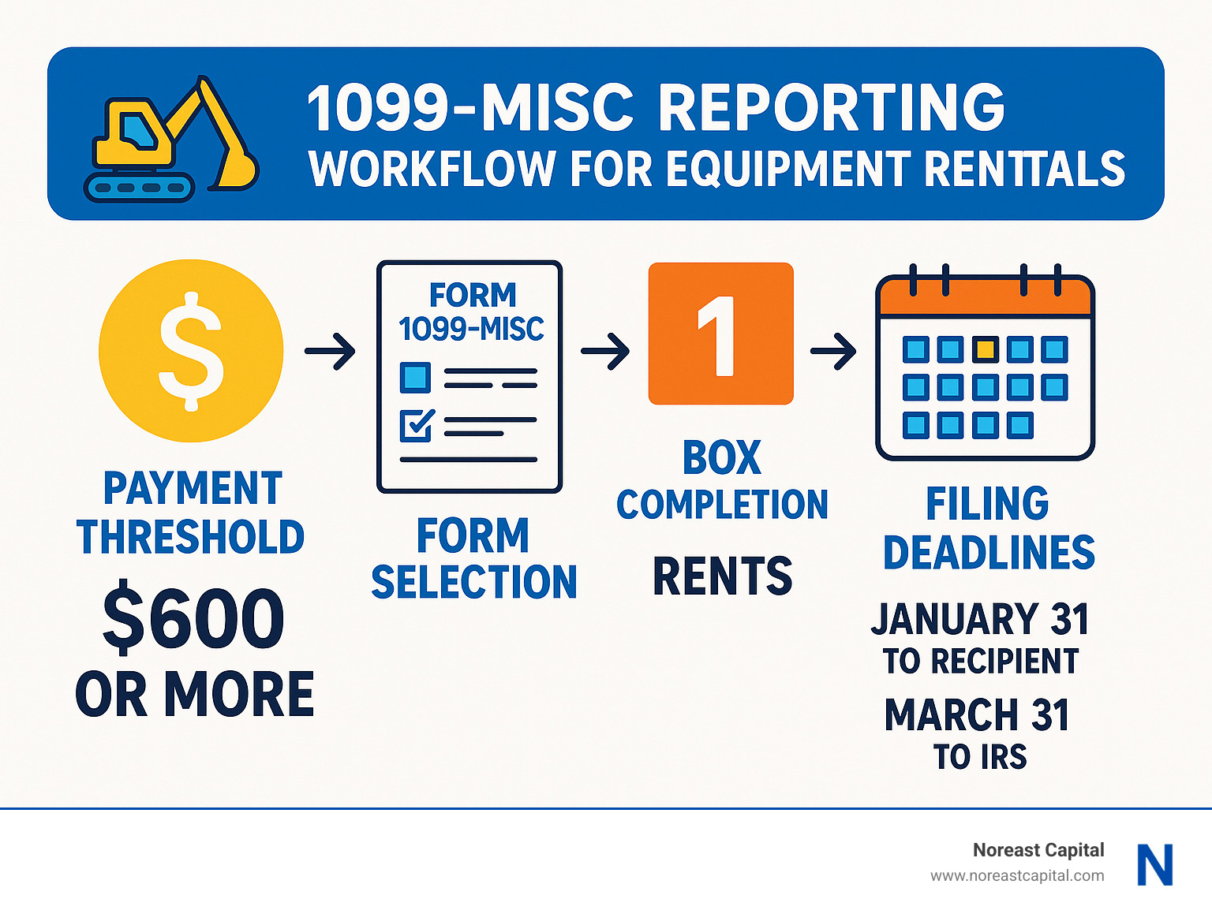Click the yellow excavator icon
click(170, 139)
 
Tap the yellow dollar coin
click(191, 351)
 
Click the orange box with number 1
click(720, 334)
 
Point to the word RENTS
click(722, 576)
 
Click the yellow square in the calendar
click(985, 349)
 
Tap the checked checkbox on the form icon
click(416, 425)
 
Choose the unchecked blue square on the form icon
click(415, 378)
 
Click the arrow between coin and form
click(330, 351)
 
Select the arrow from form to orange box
click(605, 351)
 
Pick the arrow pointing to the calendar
click(833, 351)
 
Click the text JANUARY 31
click(980, 619)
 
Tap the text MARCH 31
click(977, 715)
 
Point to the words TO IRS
click(980, 757)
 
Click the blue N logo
click(1154, 865)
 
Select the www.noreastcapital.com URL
click(1016, 875)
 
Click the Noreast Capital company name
click(1038, 850)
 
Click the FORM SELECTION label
click(473, 559)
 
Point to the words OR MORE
click(195, 695)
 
